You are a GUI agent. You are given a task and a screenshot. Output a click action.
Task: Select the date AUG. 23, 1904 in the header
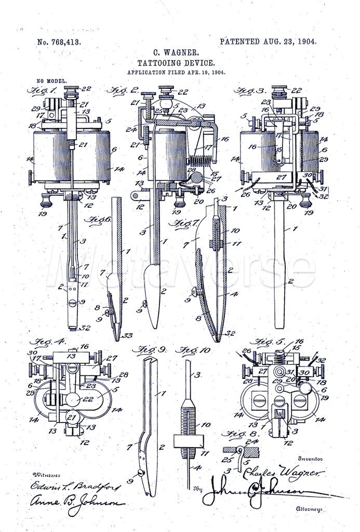286,42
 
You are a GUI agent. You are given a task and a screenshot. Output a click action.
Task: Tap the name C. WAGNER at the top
176,53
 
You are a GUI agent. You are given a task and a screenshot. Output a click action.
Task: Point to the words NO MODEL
51,82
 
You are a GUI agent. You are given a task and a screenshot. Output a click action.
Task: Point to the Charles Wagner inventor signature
284,473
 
